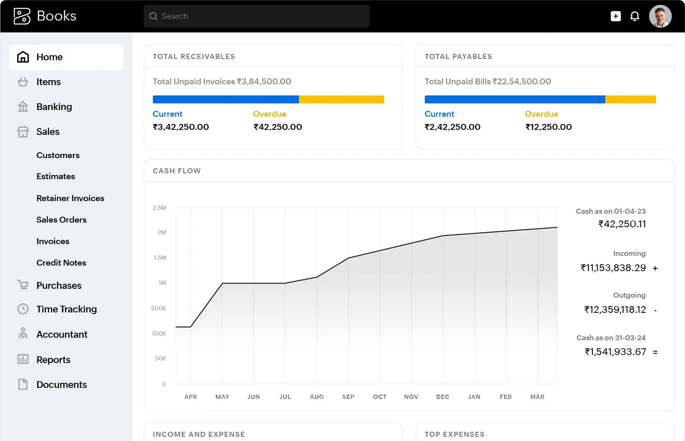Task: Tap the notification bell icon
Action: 634,16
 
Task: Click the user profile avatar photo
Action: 660,16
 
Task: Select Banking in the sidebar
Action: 54,107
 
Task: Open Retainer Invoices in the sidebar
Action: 70,198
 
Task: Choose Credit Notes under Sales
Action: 61,263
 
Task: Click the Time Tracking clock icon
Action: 23,309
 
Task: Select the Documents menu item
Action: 61,385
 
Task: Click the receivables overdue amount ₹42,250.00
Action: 277,127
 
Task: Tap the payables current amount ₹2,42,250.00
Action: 452,127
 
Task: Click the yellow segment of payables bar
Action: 630,99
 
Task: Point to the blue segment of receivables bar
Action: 226,99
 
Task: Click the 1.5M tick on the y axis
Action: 160,258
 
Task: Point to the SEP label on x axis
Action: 348,397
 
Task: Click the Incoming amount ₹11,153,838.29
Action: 613,268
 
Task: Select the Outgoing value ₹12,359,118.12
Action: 615,310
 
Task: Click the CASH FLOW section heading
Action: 177,171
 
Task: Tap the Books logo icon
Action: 22,16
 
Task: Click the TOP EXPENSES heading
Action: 454,434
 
